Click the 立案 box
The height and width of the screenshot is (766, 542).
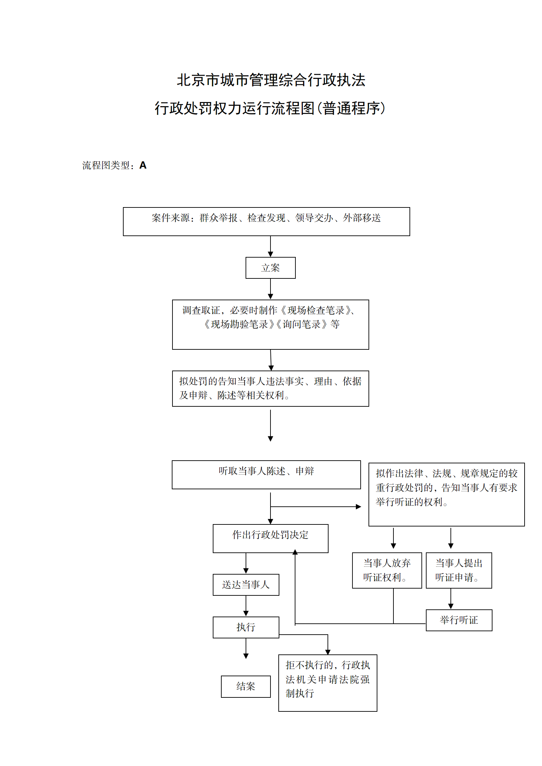[x=270, y=268]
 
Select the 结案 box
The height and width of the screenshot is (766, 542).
[x=246, y=686]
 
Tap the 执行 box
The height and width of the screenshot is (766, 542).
[x=246, y=627]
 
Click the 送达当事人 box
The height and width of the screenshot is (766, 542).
[x=246, y=585]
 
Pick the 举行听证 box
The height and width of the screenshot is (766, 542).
[x=459, y=620]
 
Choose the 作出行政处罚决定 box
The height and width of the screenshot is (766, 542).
[x=270, y=538]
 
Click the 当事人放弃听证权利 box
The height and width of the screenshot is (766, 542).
[x=387, y=570]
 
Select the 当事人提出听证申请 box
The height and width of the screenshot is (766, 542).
[x=459, y=570]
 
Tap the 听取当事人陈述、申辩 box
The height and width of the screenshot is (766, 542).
[x=266, y=475]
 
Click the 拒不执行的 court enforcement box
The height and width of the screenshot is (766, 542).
[x=328, y=683]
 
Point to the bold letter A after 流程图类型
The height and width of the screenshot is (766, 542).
[x=143, y=165]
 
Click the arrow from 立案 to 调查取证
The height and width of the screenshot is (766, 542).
[x=270, y=289]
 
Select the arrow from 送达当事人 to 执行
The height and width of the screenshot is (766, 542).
[x=246, y=606]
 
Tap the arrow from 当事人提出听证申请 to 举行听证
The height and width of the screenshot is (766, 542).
[x=451, y=599]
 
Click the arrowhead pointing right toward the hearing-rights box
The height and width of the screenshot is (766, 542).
[x=358, y=507]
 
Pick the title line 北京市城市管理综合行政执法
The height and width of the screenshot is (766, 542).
[x=271, y=80]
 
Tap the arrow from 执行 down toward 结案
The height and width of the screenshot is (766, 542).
[x=246, y=648]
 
